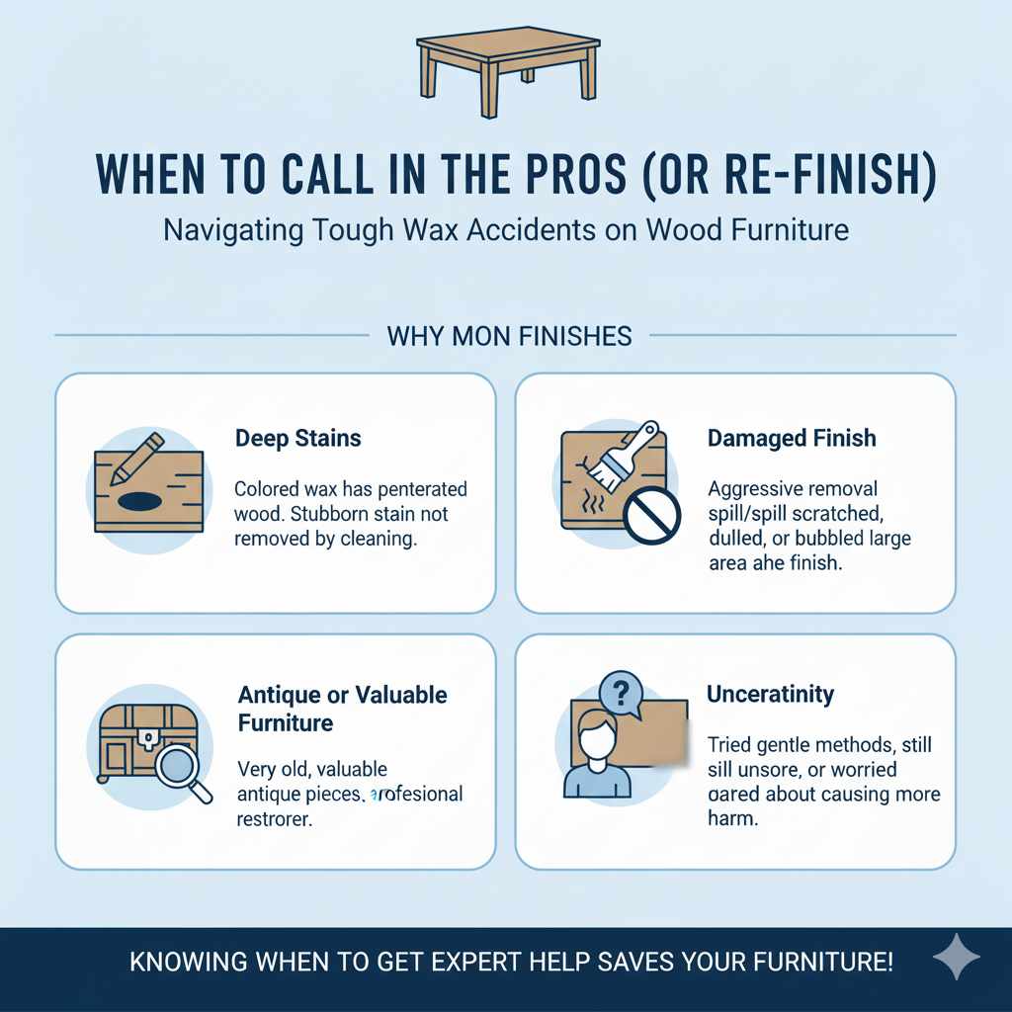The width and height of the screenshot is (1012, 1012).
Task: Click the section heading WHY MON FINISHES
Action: coord(508,336)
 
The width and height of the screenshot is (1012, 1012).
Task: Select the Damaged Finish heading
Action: coord(792,438)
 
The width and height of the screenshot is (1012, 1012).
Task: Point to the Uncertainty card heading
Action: coord(770,695)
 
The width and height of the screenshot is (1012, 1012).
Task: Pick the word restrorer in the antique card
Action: coord(276,819)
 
